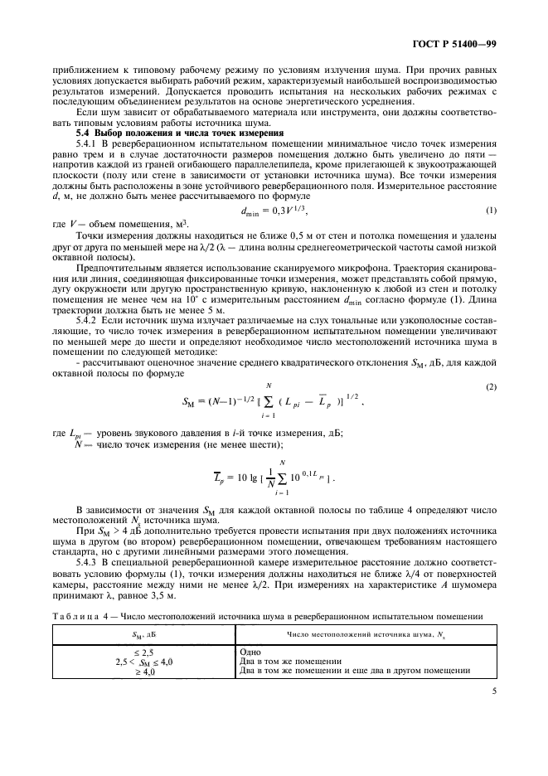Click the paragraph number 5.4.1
click(87, 143)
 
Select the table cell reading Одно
click(249, 652)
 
